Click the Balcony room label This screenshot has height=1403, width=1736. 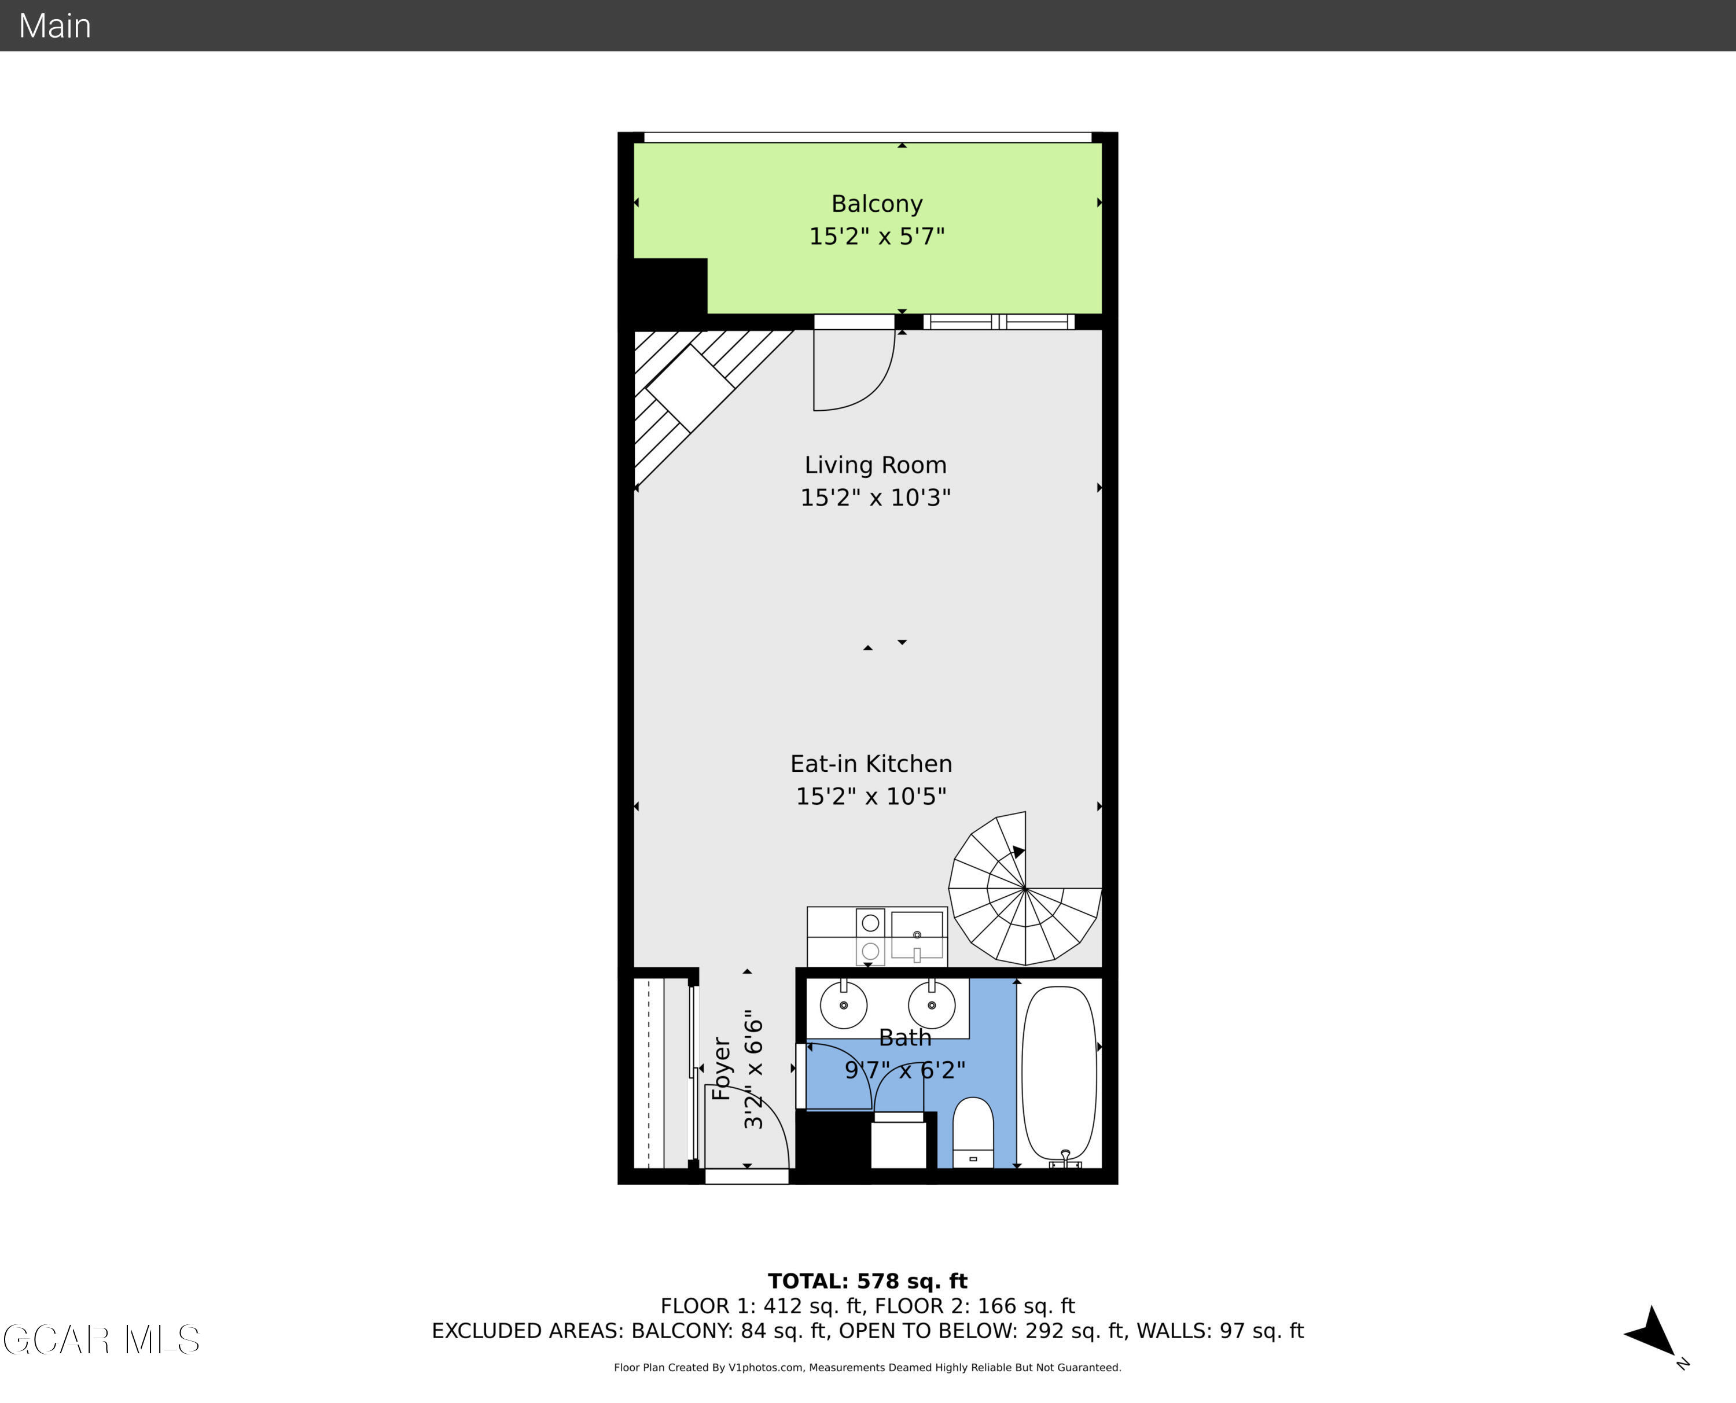[x=877, y=204]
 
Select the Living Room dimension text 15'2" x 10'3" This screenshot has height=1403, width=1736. [x=876, y=498]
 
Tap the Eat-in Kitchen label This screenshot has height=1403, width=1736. [x=871, y=764]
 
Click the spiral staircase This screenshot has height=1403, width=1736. [x=1025, y=889]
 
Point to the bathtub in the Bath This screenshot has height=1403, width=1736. [x=1059, y=1071]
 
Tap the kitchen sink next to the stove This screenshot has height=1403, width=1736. [x=917, y=935]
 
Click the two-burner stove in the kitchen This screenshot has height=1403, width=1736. [x=870, y=937]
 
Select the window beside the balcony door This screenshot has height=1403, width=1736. [x=999, y=322]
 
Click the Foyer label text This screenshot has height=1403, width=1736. [x=722, y=1069]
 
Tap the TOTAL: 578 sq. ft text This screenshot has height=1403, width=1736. [x=867, y=1281]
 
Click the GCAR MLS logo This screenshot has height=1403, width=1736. [x=101, y=1339]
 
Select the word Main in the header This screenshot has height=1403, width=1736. [x=55, y=26]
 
